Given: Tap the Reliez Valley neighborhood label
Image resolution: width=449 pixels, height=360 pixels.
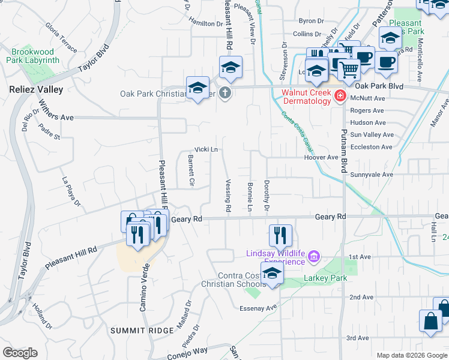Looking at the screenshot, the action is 36,89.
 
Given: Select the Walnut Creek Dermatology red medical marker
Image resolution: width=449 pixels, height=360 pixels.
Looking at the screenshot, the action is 340,96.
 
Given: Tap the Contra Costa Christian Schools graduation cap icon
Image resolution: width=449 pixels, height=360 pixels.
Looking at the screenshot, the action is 273,273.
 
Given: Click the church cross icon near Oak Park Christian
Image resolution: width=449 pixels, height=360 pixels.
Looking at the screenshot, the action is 225,94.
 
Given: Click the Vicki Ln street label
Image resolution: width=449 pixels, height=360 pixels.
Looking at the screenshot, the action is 205,149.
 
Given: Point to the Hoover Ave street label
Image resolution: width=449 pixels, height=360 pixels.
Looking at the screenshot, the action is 321,157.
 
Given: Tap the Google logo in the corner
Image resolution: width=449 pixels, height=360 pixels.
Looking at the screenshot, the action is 20,353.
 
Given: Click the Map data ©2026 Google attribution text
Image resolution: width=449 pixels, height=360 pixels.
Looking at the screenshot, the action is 412,355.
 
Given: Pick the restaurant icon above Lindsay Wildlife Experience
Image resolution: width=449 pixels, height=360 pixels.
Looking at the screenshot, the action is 280,235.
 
